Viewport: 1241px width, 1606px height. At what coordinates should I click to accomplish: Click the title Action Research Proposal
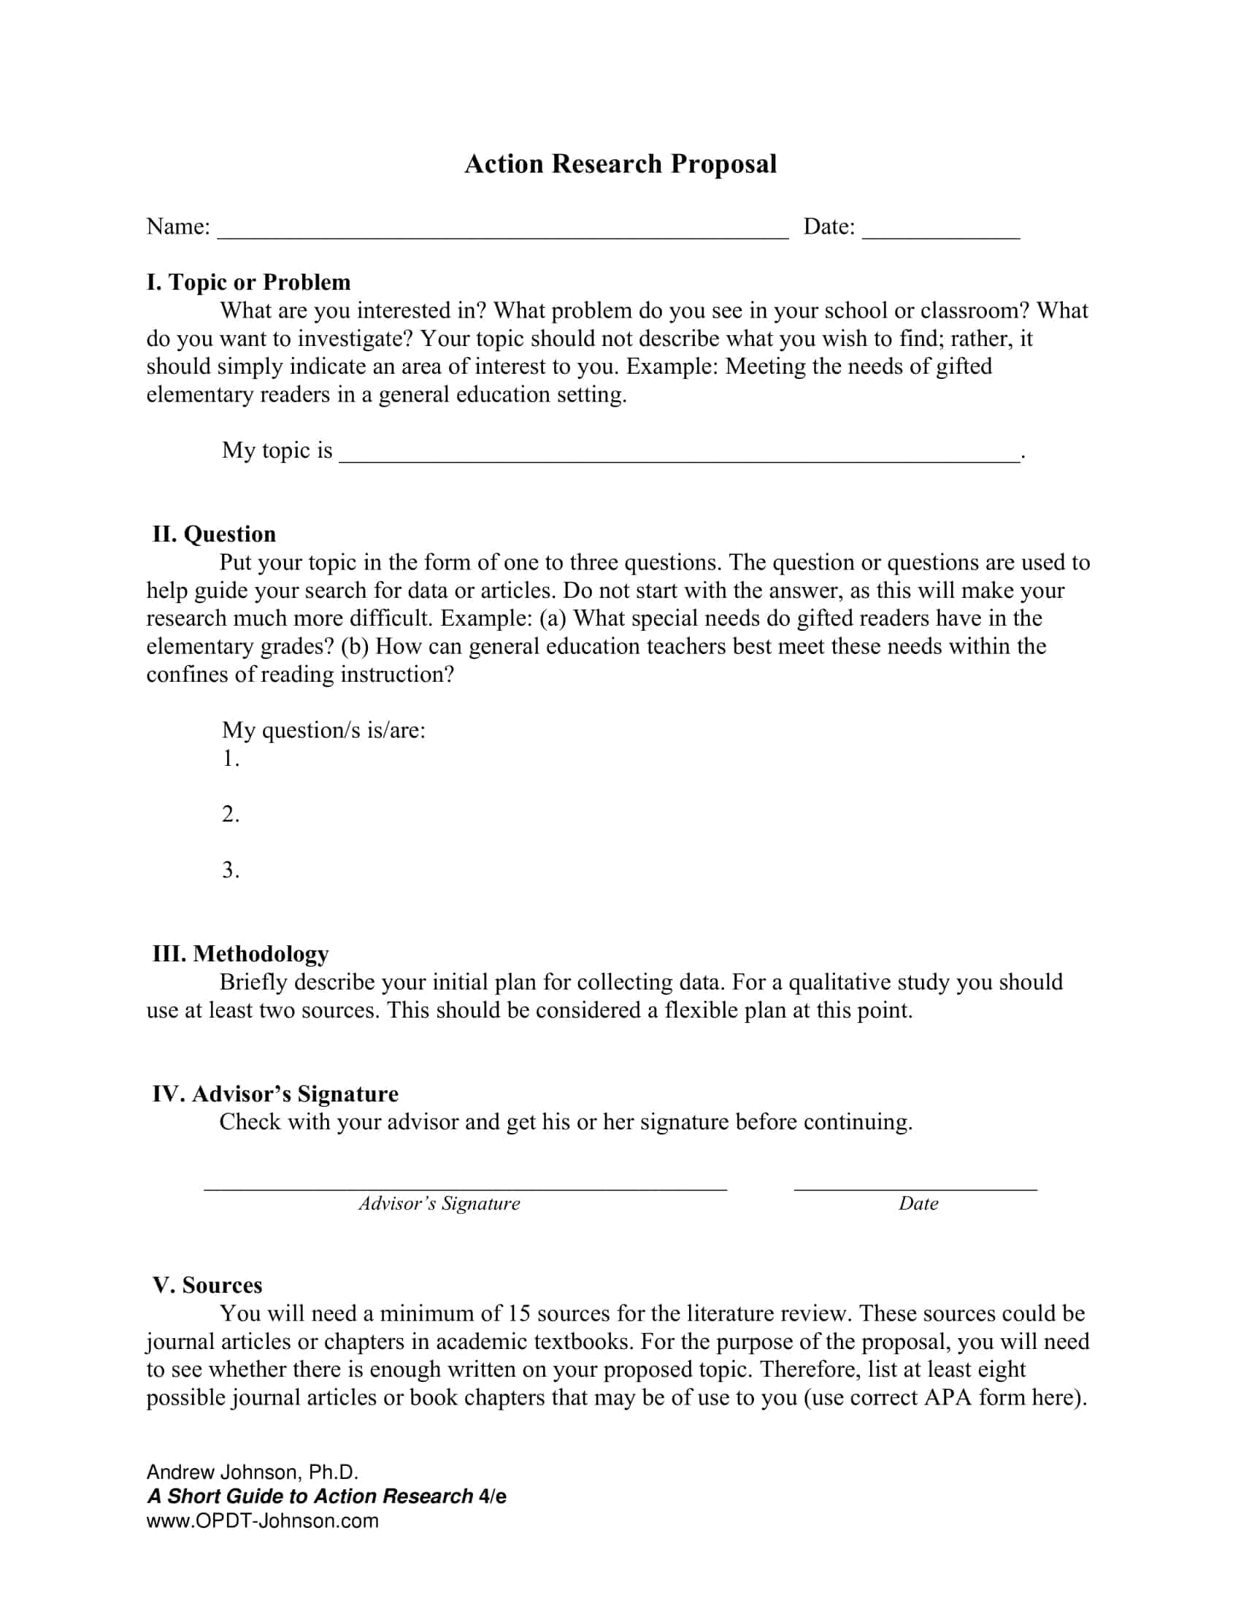tap(620, 164)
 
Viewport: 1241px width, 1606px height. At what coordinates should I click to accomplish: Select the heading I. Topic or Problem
tap(248, 283)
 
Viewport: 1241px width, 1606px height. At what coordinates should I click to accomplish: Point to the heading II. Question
tap(214, 534)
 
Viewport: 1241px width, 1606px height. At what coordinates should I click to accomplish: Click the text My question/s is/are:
tap(323, 730)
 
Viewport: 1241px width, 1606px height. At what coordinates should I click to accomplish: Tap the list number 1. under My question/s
tap(230, 758)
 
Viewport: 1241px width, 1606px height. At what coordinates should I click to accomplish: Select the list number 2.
tap(230, 814)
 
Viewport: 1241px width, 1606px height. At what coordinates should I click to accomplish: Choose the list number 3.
tap(230, 870)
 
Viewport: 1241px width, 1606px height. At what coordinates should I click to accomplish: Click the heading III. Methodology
tap(240, 954)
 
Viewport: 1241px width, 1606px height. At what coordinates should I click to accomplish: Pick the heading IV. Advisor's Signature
tap(275, 1094)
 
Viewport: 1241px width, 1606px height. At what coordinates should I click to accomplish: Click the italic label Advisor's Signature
tap(439, 1204)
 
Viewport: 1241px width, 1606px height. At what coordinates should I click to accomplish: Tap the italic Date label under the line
tap(918, 1204)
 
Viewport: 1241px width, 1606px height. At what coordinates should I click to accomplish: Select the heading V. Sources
tap(207, 1285)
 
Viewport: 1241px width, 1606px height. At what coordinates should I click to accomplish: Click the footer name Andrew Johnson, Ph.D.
tap(252, 1472)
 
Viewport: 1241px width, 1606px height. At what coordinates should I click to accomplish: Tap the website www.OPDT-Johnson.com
tap(263, 1521)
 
